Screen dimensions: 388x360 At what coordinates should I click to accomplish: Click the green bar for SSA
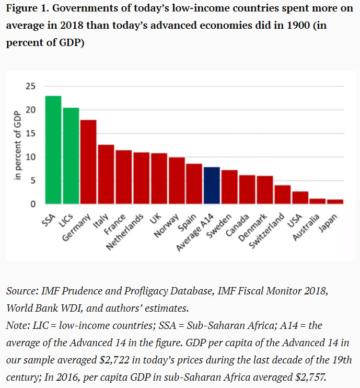click(53, 150)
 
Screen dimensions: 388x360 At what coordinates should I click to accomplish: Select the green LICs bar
click(71, 156)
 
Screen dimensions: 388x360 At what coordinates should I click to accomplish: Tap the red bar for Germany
click(88, 162)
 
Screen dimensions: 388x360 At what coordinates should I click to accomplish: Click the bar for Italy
click(106, 174)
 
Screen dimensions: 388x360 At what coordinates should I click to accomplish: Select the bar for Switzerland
click(283, 195)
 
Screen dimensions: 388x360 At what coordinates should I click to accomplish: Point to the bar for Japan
click(335, 202)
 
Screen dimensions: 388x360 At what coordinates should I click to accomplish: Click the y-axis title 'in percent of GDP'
click(17, 146)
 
